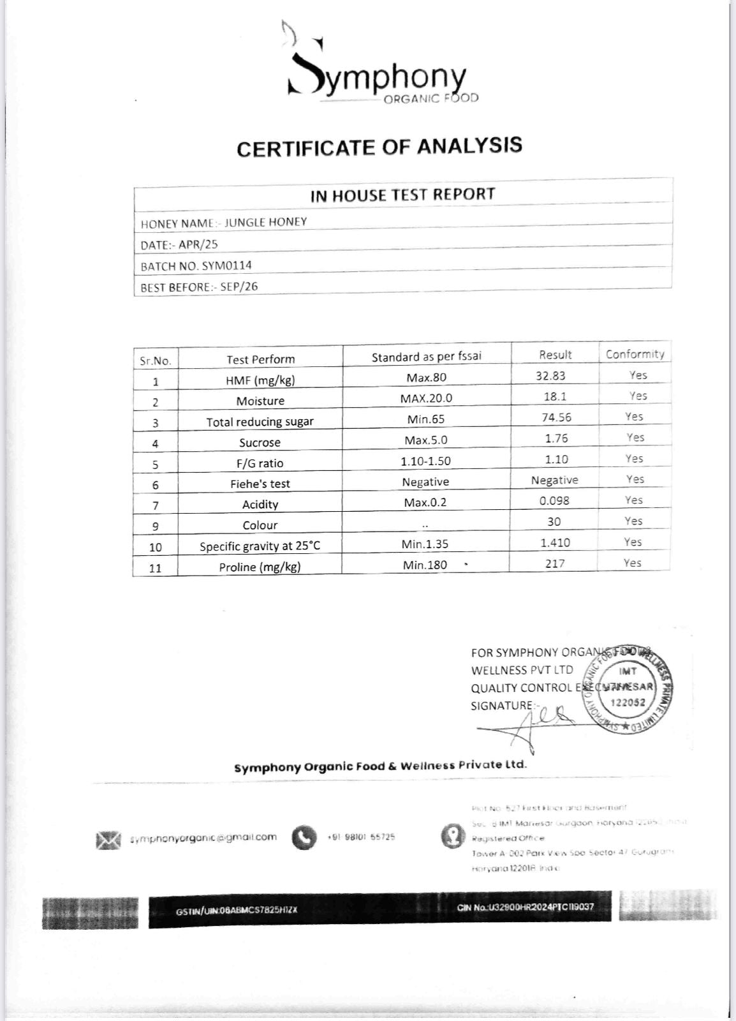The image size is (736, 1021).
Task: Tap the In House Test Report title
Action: click(x=402, y=195)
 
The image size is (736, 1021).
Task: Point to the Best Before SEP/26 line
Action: click(x=199, y=287)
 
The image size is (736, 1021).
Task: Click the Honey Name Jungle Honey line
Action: click(x=224, y=223)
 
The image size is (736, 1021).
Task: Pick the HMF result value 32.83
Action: click(x=550, y=376)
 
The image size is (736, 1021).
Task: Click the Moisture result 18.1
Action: click(x=555, y=396)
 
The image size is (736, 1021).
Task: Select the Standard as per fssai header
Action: click(x=427, y=357)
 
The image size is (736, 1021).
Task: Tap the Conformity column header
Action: click(x=635, y=354)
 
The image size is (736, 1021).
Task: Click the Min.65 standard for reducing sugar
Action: click(x=426, y=419)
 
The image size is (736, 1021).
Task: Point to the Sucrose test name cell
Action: click(x=260, y=442)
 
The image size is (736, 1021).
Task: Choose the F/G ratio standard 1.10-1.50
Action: click(x=425, y=461)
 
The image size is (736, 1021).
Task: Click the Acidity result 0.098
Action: click(x=554, y=501)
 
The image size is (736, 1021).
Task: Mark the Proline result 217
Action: click(x=555, y=563)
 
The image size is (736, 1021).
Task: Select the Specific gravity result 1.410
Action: click(x=555, y=542)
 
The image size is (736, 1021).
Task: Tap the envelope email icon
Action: click(x=108, y=840)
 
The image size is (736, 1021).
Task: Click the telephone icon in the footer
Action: click(x=304, y=838)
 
